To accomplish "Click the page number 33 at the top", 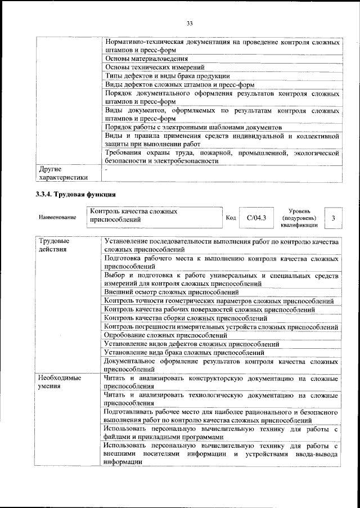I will coord(189,23).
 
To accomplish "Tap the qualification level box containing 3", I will coord(334,217).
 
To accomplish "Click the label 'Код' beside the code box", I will coord(231,217).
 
